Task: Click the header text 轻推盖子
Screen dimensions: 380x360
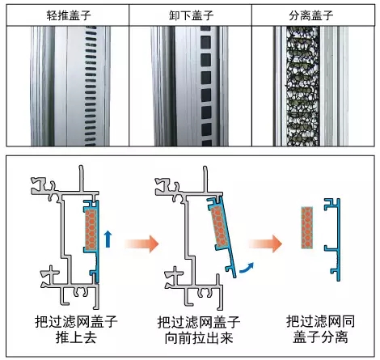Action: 69,15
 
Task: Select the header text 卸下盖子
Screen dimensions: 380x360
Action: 191,15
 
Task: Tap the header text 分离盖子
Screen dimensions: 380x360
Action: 311,15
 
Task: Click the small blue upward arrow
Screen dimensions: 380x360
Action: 108,239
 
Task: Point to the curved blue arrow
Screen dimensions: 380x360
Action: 247,269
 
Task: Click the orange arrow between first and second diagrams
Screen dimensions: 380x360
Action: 141,244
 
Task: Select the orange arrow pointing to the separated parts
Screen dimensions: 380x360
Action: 265,244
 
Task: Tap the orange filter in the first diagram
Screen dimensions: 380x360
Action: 91,229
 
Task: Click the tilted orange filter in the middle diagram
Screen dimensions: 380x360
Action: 220,227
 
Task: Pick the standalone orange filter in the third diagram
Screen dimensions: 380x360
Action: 307,227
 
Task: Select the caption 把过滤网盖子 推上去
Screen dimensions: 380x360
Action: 76,329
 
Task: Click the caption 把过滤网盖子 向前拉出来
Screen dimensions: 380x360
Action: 199,330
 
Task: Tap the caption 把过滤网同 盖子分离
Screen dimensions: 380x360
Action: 321,329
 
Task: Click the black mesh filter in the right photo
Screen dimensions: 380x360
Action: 303,87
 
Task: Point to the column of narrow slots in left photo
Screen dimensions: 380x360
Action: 91,87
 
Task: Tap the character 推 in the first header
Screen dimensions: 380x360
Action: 63,15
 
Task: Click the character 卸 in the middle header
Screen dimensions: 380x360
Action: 175,15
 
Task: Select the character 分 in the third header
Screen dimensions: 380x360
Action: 294,15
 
